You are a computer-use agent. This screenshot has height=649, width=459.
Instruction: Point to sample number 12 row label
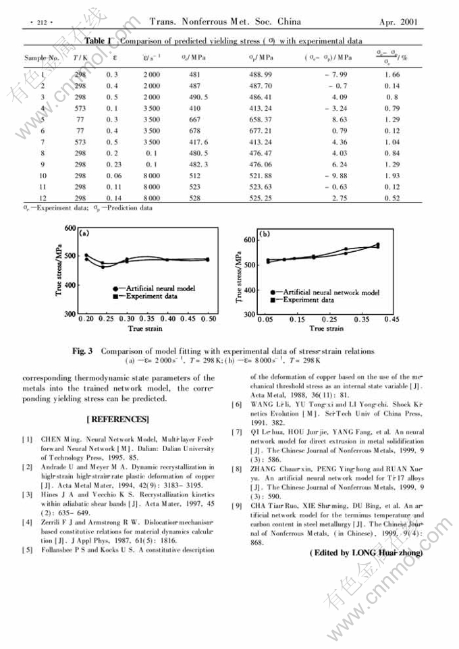(43, 198)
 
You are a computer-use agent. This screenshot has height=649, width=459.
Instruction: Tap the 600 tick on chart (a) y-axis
(68, 228)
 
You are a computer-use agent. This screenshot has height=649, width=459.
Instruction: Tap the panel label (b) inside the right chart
(265, 234)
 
